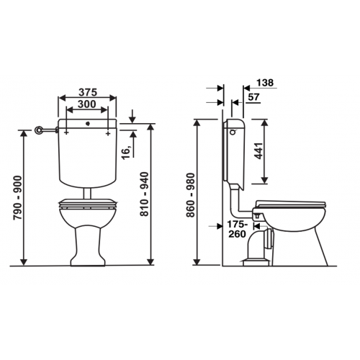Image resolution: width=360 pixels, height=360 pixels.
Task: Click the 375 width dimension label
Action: coord(88,92)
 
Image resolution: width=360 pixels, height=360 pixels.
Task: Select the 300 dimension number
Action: coord(87,104)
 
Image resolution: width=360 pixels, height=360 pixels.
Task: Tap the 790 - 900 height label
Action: coord(18,197)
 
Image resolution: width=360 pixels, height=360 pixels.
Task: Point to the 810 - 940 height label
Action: coord(145,194)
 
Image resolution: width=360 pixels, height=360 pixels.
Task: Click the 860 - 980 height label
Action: coord(192,195)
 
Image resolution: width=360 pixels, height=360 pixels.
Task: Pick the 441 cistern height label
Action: coord(259,150)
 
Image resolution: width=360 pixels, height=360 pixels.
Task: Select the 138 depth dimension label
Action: coord(265,83)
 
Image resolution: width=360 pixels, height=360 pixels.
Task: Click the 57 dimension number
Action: coord(254,97)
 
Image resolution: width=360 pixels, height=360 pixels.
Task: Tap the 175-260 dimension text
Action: coord(237,229)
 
